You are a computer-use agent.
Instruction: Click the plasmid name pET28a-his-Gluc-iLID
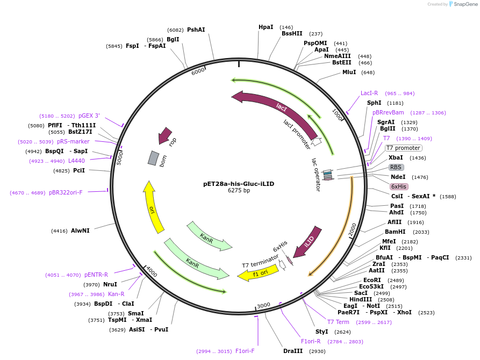click(239, 183)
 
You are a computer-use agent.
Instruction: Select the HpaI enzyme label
click(266, 27)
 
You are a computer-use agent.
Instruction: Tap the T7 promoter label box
click(404, 148)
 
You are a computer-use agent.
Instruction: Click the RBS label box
click(396, 167)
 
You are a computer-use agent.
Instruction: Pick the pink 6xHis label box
click(399, 186)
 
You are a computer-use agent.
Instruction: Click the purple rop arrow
click(164, 136)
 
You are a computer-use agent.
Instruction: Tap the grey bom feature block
click(153, 158)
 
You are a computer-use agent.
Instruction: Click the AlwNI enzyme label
click(80, 231)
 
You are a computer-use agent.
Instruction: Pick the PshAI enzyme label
click(196, 30)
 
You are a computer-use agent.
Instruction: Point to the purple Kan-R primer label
click(116, 294)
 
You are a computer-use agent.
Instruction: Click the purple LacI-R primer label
click(369, 93)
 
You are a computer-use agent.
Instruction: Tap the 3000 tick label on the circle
click(263, 306)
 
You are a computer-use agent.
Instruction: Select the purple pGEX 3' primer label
click(89, 116)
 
